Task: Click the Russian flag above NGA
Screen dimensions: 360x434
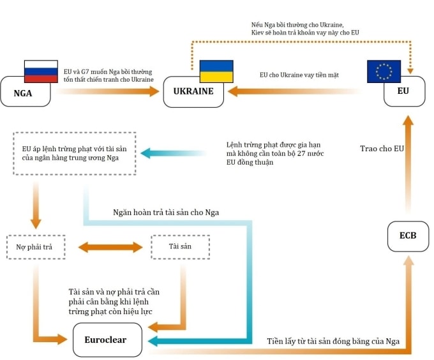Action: coord(40,71)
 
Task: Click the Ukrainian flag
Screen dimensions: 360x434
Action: coord(216,71)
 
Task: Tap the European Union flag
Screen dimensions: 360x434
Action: coord(384,71)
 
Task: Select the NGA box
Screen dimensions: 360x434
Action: coord(24,92)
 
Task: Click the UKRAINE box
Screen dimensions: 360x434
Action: coord(193,92)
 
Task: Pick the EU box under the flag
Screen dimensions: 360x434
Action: coord(403,92)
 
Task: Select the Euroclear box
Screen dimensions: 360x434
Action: coord(105,340)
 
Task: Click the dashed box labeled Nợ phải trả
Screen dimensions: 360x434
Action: coord(36,246)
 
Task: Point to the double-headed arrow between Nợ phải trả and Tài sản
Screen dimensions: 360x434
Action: coord(110,246)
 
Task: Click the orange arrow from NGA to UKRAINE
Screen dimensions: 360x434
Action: coord(108,92)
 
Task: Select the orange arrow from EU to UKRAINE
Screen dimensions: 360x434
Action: coord(294,92)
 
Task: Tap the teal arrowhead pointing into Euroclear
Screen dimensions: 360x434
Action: coord(154,341)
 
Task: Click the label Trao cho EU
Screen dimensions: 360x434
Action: coord(381,149)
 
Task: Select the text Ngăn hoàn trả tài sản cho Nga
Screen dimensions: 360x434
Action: coord(165,212)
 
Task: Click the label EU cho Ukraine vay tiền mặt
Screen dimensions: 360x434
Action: coord(299,75)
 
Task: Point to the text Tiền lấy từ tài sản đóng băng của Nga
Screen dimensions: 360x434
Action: coord(333,341)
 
